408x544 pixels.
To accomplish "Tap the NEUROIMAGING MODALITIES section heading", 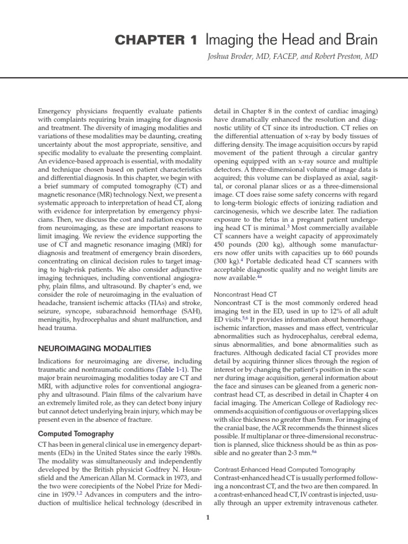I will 95,348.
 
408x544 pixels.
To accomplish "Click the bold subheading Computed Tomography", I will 75,434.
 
